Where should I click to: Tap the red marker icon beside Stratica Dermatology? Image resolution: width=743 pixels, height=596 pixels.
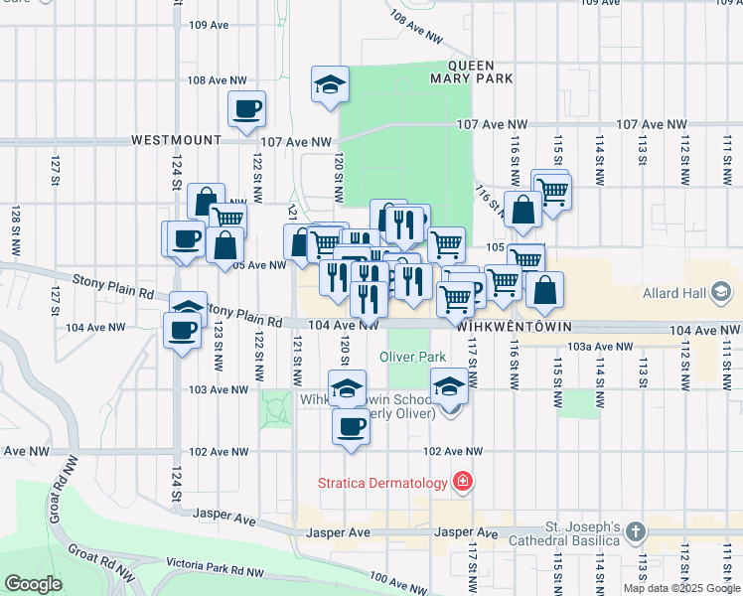click(x=462, y=484)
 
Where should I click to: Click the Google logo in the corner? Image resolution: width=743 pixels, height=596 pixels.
click(x=34, y=583)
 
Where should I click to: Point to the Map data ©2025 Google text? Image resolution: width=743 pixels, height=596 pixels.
click(x=680, y=588)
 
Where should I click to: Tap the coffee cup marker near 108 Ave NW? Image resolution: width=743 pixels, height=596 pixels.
click(x=246, y=109)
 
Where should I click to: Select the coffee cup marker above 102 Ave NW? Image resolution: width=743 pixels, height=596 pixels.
click(x=350, y=427)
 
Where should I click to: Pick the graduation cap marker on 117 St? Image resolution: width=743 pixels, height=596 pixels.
click(x=448, y=387)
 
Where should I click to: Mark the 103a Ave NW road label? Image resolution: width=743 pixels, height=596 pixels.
click(x=600, y=347)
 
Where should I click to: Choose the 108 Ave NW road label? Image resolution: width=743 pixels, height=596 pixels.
click(x=217, y=79)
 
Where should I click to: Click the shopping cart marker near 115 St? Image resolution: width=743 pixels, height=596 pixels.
click(x=552, y=192)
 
